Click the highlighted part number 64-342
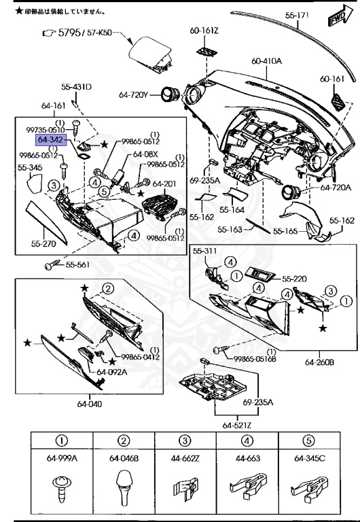(51, 139)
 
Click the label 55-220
(295, 278)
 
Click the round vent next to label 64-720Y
(169, 95)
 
